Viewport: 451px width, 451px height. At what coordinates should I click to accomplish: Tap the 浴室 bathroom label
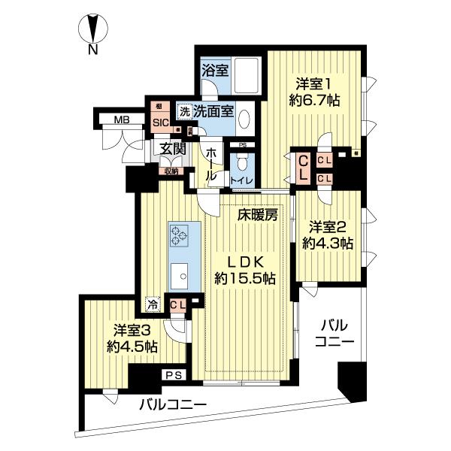[x=215, y=71]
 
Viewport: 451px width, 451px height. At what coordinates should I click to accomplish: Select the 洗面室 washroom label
[x=213, y=111]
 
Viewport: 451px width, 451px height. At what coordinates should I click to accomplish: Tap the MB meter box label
[x=120, y=120]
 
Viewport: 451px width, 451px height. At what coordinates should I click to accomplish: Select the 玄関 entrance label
[x=172, y=148]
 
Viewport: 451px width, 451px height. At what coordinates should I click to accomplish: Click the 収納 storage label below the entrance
[x=171, y=171]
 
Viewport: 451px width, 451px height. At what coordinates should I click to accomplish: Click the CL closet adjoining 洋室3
[x=177, y=304]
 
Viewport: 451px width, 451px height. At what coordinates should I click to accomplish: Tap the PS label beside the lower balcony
[x=174, y=374]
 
